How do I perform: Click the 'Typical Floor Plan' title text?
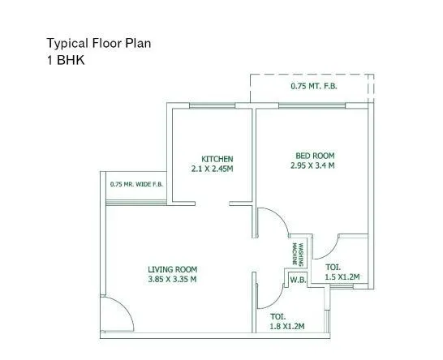pyautogui.click(x=98, y=43)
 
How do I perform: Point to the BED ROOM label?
pyautogui.click(x=312, y=155)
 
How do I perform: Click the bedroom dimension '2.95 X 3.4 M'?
pyautogui.click(x=312, y=165)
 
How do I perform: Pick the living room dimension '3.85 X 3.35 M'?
pyautogui.click(x=172, y=280)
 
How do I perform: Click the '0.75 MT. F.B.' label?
pyautogui.click(x=313, y=86)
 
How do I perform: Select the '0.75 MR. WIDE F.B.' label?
pyautogui.click(x=136, y=185)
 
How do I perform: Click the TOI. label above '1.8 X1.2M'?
pyautogui.click(x=277, y=316)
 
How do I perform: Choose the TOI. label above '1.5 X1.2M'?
pyautogui.click(x=333, y=267)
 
